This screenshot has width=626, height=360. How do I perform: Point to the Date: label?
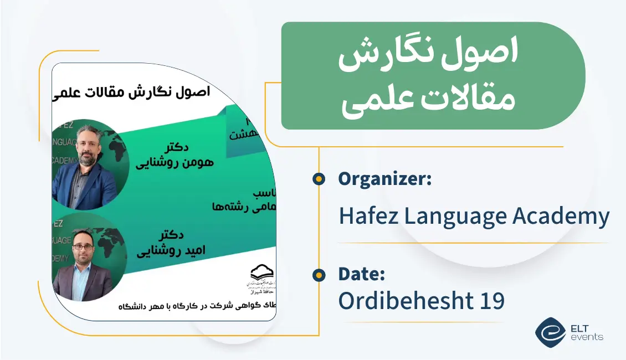361,274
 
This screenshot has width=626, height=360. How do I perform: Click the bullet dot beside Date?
319,274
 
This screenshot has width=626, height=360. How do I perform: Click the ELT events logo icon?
550,331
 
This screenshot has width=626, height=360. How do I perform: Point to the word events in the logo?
588,337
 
